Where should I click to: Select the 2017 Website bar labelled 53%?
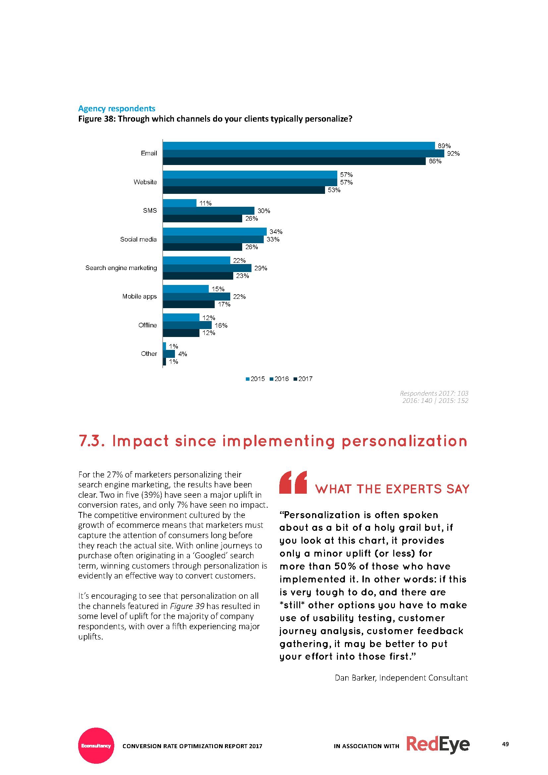[244, 190]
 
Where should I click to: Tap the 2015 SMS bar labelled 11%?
[180, 203]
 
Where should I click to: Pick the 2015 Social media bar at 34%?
[215, 232]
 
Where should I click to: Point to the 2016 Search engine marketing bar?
[207, 268]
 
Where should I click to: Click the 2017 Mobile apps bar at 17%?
[189, 304]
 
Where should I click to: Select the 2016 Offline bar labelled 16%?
[187, 325]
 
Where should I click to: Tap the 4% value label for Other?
[183, 354]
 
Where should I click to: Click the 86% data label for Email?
[435, 161]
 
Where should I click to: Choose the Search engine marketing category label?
[121, 268]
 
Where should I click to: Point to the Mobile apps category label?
[139, 296]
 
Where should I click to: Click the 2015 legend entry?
[255, 379]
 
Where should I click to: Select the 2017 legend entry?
[303, 379]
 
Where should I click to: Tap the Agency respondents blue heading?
[117, 108]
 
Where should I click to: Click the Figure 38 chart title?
[215, 119]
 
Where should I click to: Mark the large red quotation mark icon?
[293, 482]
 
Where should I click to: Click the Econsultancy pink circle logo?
[96, 746]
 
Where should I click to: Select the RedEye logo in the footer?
[438, 744]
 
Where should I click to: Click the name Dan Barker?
[355, 678]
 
